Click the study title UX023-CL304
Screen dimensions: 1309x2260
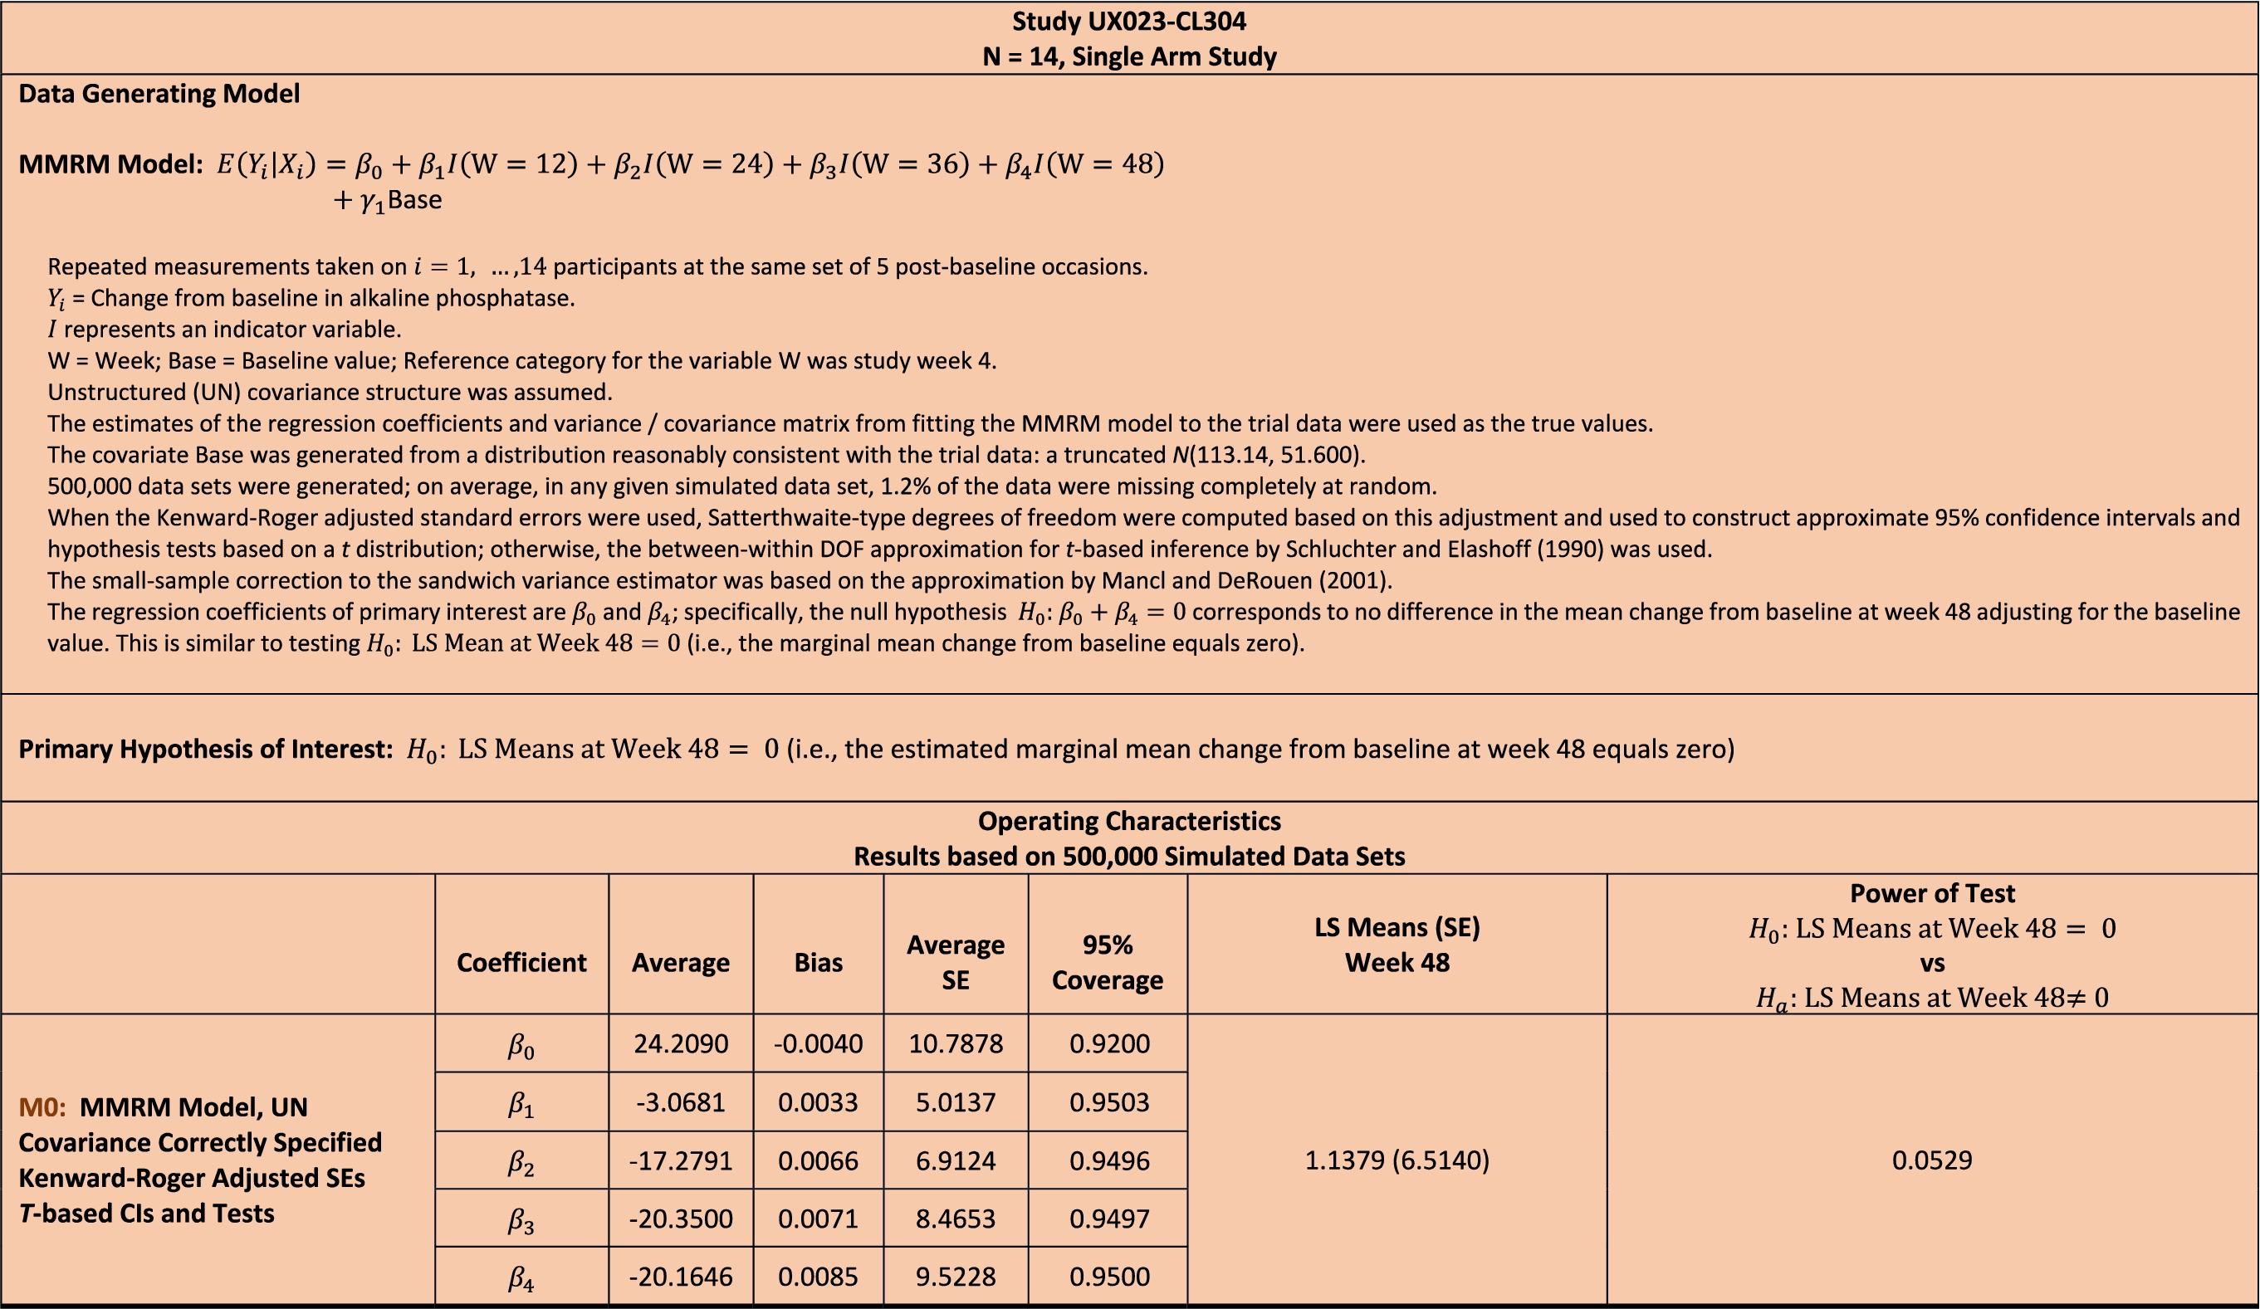click(1128, 21)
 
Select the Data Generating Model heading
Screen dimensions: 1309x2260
click(159, 93)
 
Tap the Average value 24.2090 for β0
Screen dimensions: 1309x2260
click(681, 1043)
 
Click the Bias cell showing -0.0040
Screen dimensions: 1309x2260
click(818, 1043)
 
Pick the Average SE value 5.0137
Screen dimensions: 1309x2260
click(955, 1101)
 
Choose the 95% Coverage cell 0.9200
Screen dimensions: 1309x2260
click(1108, 1043)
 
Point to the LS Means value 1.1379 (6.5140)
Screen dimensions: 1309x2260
click(1397, 1160)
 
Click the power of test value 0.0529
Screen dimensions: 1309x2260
click(1932, 1160)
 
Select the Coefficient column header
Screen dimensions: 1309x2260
click(521, 962)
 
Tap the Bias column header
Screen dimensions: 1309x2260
click(818, 962)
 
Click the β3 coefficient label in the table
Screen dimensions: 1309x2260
click(521, 1220)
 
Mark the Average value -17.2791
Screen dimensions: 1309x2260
click(681, 1161)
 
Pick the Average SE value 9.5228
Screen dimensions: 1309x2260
click(955, 1277)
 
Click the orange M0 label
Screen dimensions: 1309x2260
click(42, 1107)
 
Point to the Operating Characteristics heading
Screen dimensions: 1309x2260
click(1128, 821)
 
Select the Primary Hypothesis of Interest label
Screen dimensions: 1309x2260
click(205, 749)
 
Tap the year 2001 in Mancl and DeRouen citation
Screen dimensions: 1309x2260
click(1357, 581)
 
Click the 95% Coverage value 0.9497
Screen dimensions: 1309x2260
click(1108, 1219)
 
